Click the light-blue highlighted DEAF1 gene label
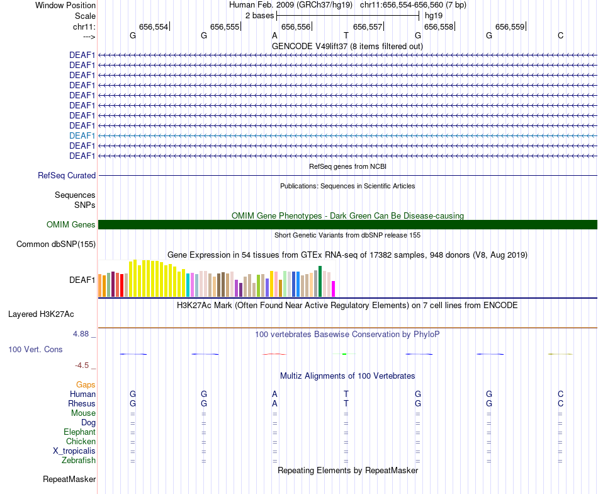pos(82,135)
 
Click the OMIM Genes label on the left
pos(71,225)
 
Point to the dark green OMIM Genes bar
pos(347,225)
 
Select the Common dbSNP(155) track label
pos(56,244)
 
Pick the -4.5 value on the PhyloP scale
pos(85,365)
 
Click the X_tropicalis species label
pos(74,451)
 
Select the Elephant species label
pos(79,432)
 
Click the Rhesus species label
pos(82,404)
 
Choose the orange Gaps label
pos(86,384)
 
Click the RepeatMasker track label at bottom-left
pos(69,480)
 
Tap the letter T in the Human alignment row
pos(346,394)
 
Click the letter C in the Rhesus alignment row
pos(560,404)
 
